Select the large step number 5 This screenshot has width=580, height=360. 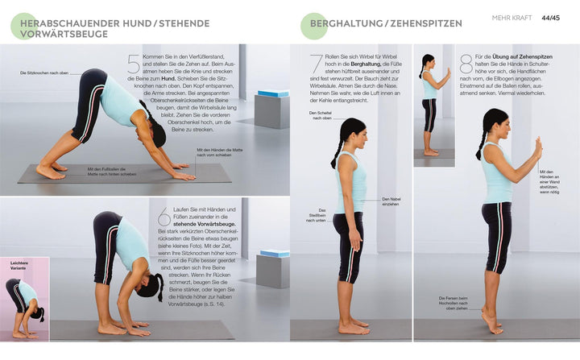click(x=135, y=64)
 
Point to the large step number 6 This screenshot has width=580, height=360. click(x=164, y=215)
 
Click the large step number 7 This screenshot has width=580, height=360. click(x=317, y=64)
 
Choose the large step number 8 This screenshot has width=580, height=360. click(x=466, y=64)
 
